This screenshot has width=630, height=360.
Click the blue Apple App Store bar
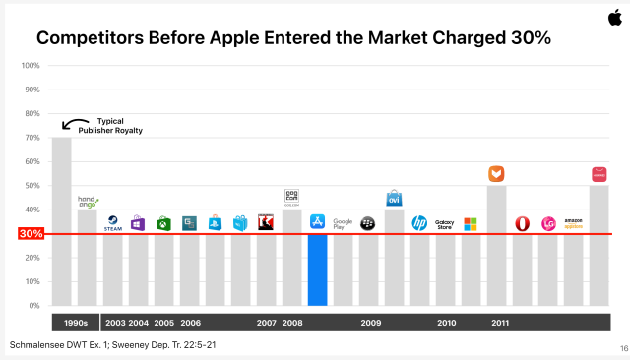coord(317,270)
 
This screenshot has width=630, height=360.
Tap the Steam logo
coord(112,223)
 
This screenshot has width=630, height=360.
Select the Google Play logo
coord(343,223)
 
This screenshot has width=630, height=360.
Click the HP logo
coord(419,223)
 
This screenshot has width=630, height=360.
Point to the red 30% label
coord(31,234)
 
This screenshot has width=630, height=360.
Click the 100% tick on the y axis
coord(31,66)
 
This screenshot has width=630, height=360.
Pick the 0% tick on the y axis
coord(32,306)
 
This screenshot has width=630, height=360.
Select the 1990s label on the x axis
coord(75,323)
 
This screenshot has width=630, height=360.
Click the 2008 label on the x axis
coord(292,323)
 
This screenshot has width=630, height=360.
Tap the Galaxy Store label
coord(445,224)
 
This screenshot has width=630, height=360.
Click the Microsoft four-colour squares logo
coord(471,224)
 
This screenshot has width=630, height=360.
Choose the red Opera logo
coord(523,224)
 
